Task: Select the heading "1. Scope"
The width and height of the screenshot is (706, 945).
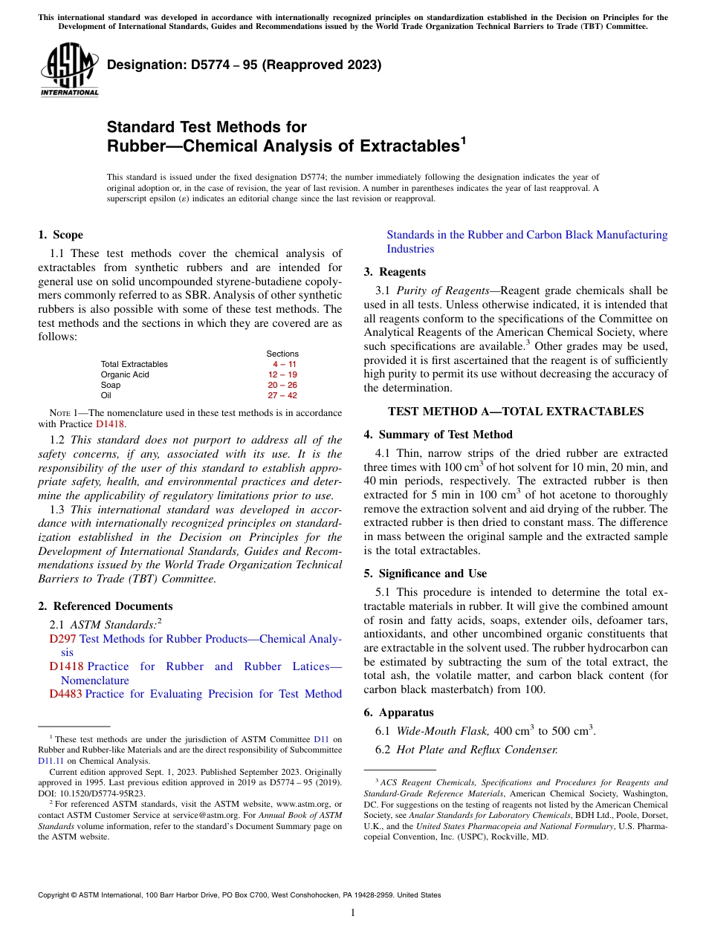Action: [60, 235]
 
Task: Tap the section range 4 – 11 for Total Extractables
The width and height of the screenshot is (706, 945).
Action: [285, 364]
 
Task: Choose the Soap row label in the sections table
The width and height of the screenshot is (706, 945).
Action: [111, 385]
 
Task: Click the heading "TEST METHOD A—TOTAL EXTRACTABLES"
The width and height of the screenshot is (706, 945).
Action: [516, 412]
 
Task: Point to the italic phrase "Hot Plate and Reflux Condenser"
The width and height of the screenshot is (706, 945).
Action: [476, 750]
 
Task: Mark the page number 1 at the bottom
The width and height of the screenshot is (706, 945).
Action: [353, 913]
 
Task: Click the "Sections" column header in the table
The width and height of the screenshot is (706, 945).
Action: [282, 354]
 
